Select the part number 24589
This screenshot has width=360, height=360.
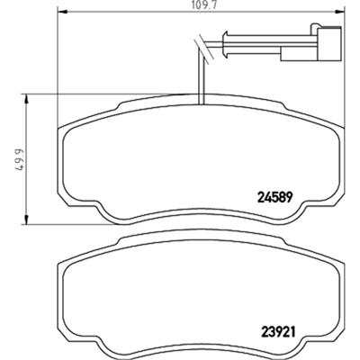click(x=274, y=198)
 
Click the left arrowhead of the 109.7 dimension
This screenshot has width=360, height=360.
click(x=61, y=12)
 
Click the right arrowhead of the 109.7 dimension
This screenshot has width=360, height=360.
click(x=339, y=12)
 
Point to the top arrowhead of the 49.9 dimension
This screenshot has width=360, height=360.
click(x=26, y=99)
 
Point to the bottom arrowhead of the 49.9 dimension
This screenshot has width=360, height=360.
click(x=26, y=219)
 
